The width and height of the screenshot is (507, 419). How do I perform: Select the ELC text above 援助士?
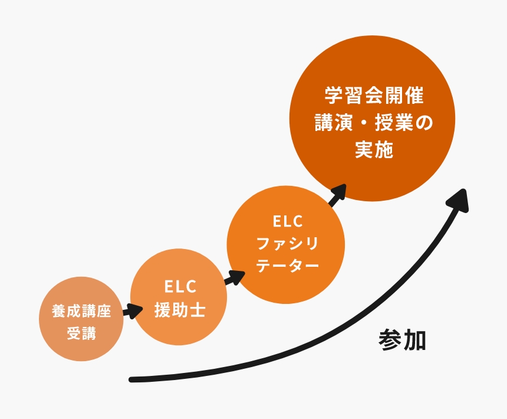(180, 287)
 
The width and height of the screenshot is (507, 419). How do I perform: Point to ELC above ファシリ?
(287, 222)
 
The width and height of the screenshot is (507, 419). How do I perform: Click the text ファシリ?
(287, 243)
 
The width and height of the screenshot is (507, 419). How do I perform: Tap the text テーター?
(287, 266)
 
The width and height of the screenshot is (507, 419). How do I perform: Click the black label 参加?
(402, 341)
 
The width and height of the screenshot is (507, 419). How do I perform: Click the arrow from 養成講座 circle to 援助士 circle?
(134, 311)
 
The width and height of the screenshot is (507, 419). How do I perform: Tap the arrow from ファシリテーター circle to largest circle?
(337, 194)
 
